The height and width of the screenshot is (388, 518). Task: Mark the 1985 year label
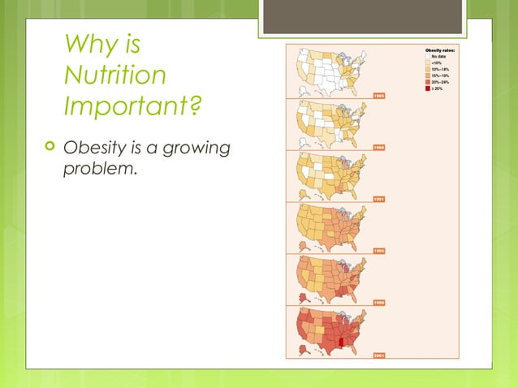[378, 96]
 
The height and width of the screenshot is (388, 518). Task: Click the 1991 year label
[378, 198]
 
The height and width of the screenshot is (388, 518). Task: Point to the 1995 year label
[378, 250]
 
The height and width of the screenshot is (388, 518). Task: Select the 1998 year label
[378, 301]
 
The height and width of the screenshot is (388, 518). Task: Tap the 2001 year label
[378, 354]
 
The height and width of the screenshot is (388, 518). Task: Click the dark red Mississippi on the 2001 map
[342, 342]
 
